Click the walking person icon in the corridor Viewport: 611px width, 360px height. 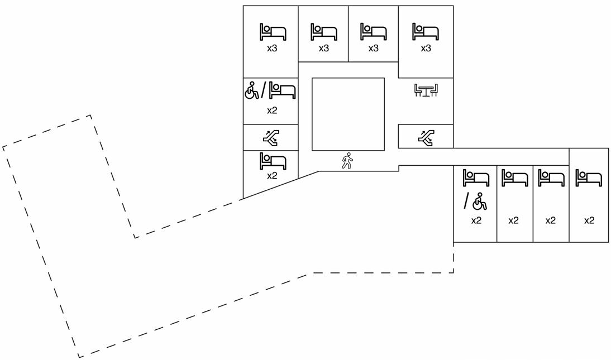pos(347,161)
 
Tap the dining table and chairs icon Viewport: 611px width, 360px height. pos(426,90)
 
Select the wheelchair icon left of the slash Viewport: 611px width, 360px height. pos(252,90)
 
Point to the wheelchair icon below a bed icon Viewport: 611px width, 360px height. pos(480,201)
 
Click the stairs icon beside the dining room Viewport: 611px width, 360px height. pos(427,137)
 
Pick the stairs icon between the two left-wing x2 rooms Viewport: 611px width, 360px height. pos(271,137)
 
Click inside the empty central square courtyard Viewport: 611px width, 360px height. pos(348,114)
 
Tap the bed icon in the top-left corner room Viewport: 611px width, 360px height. pos(273,32)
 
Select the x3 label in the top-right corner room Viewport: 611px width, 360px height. pos(426,49)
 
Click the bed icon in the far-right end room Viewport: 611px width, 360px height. pos(589,178)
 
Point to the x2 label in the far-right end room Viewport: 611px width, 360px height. pos(589,220)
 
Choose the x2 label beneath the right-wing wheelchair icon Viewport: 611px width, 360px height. pos(476,220)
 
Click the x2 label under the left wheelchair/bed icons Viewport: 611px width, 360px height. pos(271,111)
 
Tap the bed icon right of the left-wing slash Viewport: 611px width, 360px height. pos(282,90)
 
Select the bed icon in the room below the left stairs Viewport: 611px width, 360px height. pos(273,161)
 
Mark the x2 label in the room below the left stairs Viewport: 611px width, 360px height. pos(271,176)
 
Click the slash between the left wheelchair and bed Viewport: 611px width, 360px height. pos(264,90)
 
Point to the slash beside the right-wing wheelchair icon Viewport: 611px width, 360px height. pos(467,201)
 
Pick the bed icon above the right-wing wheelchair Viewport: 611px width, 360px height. pos(476,178)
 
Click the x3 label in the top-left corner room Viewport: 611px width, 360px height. pos(271,49)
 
